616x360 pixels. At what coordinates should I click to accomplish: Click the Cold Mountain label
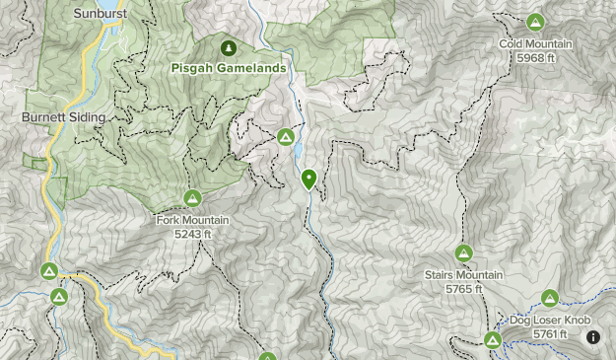point(535,44)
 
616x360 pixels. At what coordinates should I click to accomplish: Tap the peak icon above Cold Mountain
point(535,22)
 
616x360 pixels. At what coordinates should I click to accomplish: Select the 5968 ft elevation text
point(535,58)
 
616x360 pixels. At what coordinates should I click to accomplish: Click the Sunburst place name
point(100,14)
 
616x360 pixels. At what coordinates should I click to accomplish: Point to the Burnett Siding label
point(63,116)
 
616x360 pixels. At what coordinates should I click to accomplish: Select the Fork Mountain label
point(192,220)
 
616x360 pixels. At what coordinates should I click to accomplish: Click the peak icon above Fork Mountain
point(192,198)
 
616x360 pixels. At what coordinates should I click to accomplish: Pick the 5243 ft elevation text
point(192,234)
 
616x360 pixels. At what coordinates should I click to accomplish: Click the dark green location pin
point(308,179)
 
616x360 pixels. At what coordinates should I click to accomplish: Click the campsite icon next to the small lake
point(286,136)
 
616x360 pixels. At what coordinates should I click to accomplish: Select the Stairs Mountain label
point(463,275)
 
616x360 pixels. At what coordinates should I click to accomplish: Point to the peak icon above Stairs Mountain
point(463,253)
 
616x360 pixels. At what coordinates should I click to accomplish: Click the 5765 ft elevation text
point(463,289)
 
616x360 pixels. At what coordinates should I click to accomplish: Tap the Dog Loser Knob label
point(549,321)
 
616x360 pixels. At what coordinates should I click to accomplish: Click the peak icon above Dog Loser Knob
point(549,298)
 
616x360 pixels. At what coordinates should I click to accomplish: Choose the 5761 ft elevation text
point(549,334)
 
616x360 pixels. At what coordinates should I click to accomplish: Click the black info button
point(593,337)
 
